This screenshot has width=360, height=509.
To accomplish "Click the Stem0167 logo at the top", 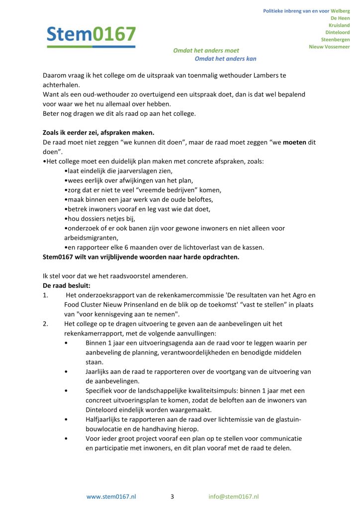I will pos(91,35).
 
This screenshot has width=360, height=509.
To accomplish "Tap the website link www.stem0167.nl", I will pos(111,497).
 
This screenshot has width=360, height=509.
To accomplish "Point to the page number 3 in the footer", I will pos(172,497).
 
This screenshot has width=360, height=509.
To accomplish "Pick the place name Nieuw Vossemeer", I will pos(329,47).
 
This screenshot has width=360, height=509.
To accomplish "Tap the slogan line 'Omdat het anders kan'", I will pos(225,59).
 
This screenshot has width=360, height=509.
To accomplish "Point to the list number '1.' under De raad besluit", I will pos(45,295).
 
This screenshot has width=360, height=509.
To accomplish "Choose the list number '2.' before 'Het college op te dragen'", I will pos(45,324).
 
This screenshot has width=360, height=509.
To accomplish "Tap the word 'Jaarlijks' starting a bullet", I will pos(98,372).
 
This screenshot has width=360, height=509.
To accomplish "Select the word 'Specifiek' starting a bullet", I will pos(99,391).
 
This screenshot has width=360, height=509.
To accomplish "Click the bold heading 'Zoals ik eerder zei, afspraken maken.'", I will pos(98,133).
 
